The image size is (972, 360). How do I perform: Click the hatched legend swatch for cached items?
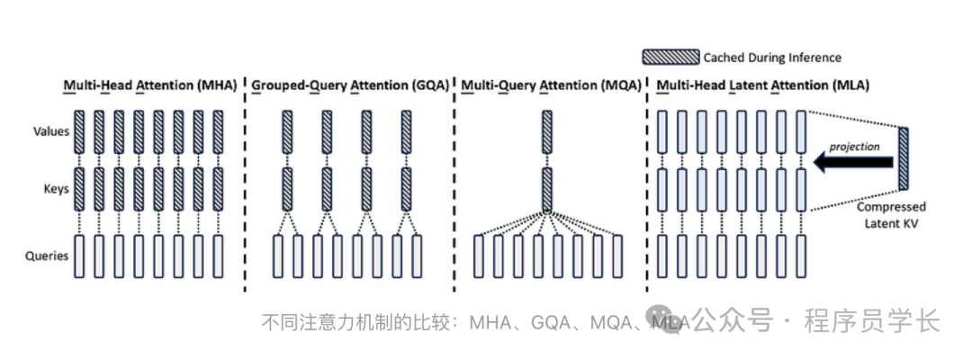click(x=670, y=58)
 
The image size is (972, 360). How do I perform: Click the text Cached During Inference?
click(x=773, y=58)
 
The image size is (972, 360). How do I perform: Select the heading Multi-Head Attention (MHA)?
click(x=149, y=86)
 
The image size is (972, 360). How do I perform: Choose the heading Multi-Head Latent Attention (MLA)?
click(x=768, y=86)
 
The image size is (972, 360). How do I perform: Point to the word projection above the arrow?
click(x=856, y=145)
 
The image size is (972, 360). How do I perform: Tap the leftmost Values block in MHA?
click(x=77, y=131)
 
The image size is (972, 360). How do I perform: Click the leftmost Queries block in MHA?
click(x=77, y=256)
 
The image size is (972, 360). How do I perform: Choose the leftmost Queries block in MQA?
click(x=478, y=256)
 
